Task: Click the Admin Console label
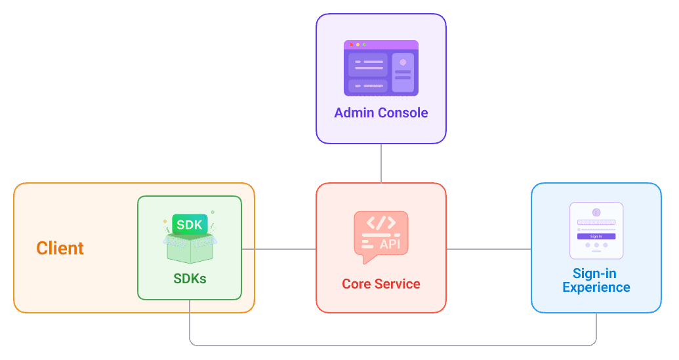[x=381, y=113]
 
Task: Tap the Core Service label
[x=381, y=284]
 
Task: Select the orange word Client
[x=60, y=249]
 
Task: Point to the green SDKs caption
[x=190, y=279]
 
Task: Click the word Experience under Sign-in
[x=596, y=287]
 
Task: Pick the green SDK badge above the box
[x=190, y=224]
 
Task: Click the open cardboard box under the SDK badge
[x=190, y=248]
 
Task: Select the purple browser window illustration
[x=381, y=68]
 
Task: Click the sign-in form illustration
[x=596, y=230]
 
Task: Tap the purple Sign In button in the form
[x=596, y=236]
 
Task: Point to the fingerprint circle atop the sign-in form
[x=596, y=212]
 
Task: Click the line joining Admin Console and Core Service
[x=381, y=163]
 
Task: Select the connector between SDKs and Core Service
[x=279, y=249]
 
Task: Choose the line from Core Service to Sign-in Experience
[x=489, y=249]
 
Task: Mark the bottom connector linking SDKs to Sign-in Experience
[x=394, y=345]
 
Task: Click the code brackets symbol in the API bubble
[x=381, y=222]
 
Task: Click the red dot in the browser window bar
[x=351, y=45]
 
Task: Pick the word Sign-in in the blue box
[x=594, y=274]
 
